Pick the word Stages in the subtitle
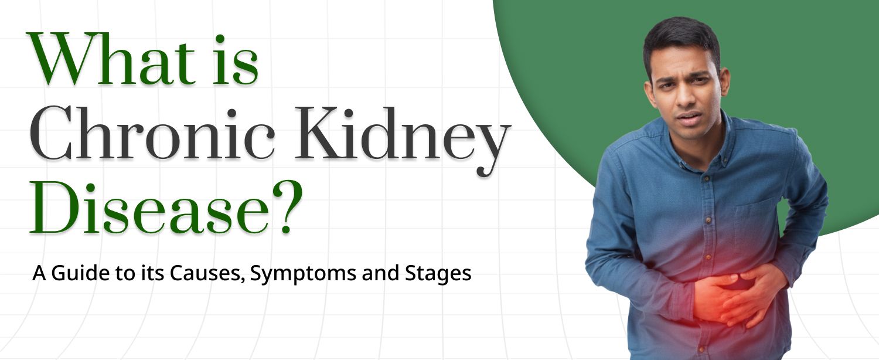(x=439, y=274)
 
